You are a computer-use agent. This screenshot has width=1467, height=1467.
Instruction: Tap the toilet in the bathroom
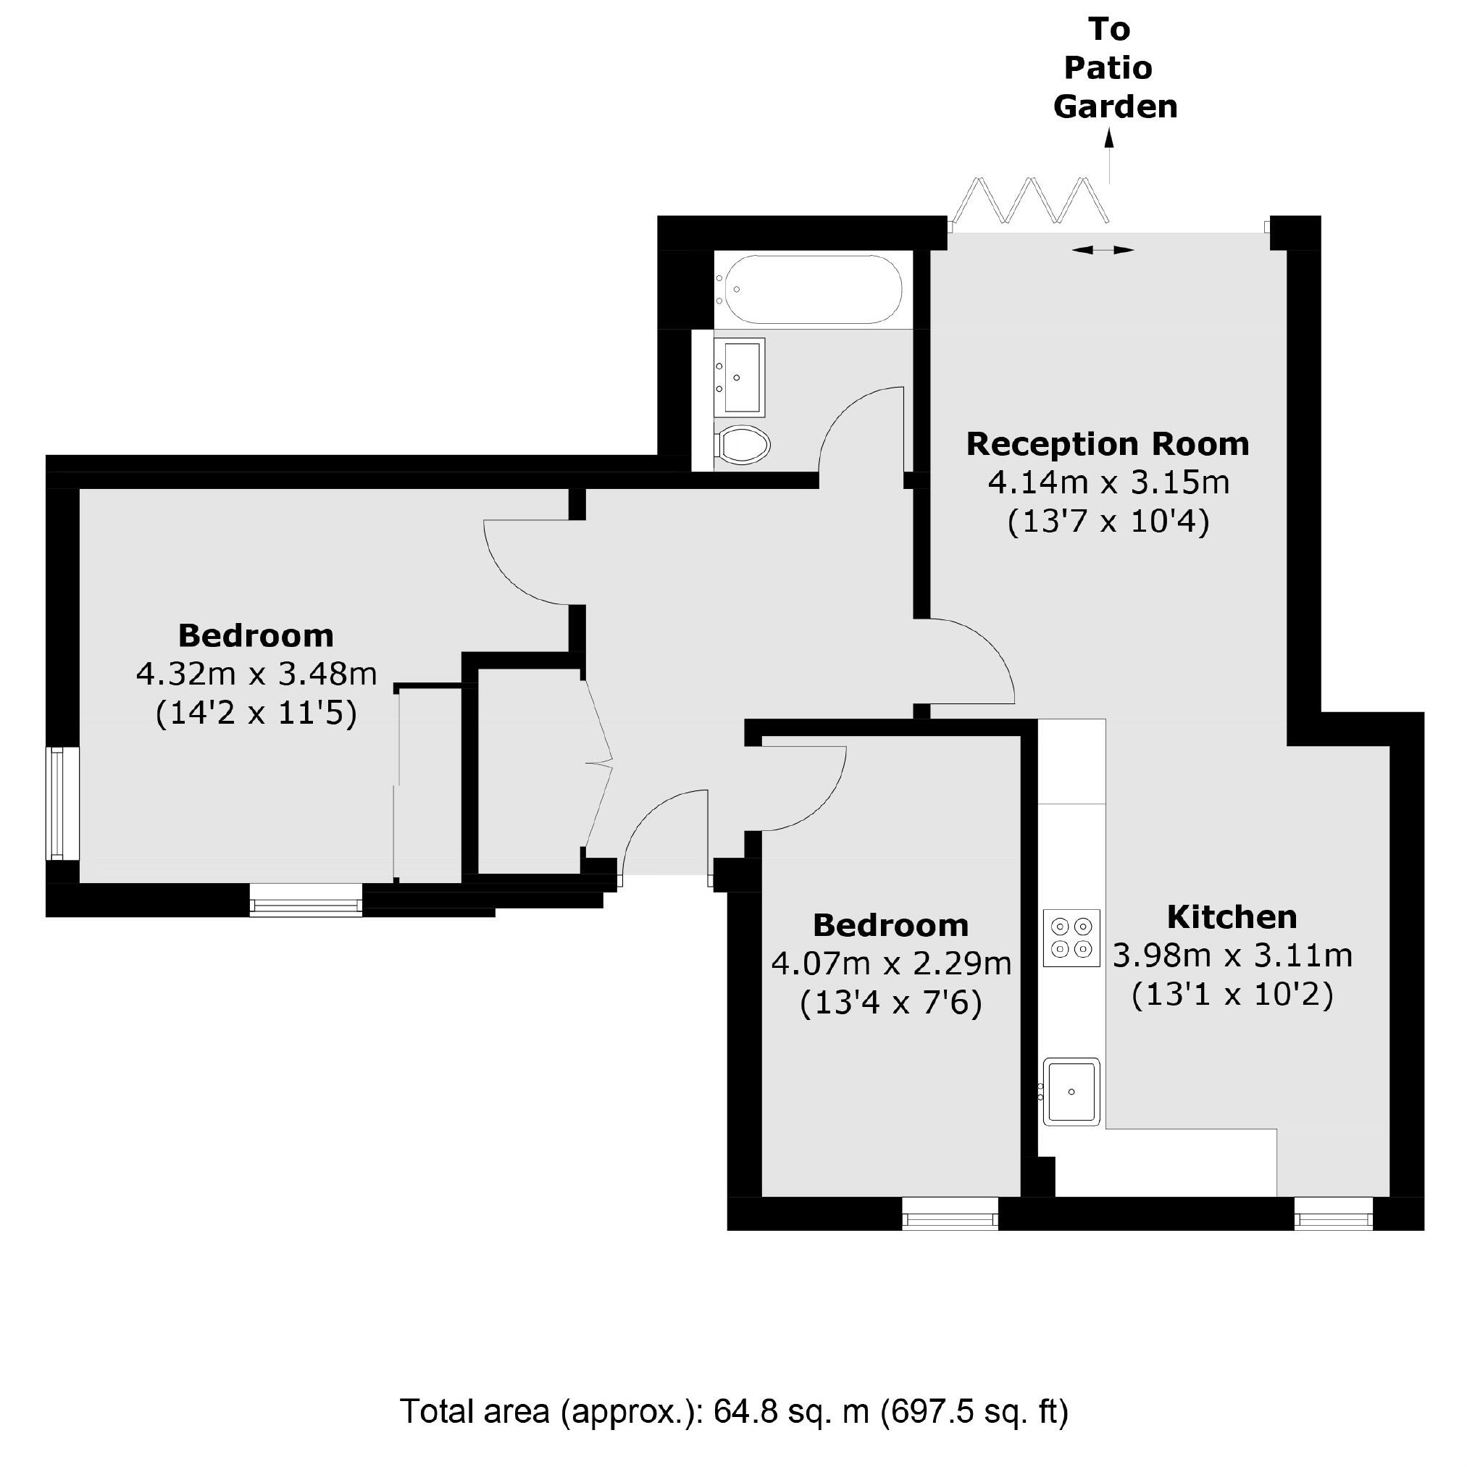pos(743,444)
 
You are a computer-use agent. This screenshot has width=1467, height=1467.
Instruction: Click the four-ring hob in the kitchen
pos(1071,937)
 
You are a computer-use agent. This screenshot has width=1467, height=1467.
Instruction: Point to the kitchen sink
pos(1071,1091)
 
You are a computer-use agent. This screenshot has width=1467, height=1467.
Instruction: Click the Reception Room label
pos(1107,444)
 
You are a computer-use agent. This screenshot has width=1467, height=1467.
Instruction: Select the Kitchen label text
pos(1232,917)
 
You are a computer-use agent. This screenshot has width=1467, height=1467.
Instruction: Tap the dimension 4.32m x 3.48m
pos(256,674)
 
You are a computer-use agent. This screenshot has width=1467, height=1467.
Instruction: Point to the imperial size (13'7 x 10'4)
pos(1108,522)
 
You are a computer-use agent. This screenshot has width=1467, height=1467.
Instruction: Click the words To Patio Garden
pos(1114,68)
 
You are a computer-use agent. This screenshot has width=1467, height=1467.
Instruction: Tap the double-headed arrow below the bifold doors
pos(1103,249)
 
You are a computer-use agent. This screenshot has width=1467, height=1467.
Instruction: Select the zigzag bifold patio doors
pos(1029,201)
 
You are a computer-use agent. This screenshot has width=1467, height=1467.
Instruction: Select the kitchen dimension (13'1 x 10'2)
pos(1232,995)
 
